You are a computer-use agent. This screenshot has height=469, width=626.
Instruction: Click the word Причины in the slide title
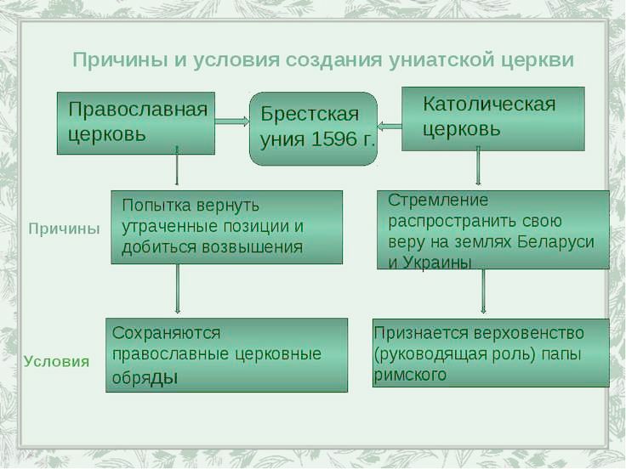click(120, 60)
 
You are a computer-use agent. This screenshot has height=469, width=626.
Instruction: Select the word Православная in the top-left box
click(138, 109)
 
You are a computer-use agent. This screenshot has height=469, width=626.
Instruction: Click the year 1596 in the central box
click(333, 139)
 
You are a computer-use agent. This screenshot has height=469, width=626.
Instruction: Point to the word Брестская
click(310, 114)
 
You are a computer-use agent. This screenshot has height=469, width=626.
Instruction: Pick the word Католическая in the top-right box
click(489, 105)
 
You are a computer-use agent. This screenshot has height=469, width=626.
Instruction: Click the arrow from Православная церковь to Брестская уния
click(232, 121)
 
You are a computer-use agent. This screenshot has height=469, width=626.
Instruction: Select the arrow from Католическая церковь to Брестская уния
click(390, 127)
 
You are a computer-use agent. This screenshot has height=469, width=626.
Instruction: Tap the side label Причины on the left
click(65, 229)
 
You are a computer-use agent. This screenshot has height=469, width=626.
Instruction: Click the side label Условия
click(56, 361)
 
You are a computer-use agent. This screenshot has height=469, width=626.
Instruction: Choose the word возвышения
click(252, 247)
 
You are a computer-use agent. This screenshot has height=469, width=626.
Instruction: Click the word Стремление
click(438, 201)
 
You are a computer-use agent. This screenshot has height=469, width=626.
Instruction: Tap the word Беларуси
click(555, 241)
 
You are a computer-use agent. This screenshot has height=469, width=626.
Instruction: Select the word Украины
click(437, 263)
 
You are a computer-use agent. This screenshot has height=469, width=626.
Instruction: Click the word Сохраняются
click(166, 333)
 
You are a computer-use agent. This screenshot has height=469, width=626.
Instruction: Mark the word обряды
click(145, 378)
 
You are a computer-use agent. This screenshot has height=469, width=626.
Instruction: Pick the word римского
click(410, 375)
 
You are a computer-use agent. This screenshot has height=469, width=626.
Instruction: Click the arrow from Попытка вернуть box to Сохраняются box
click(178, 289)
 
